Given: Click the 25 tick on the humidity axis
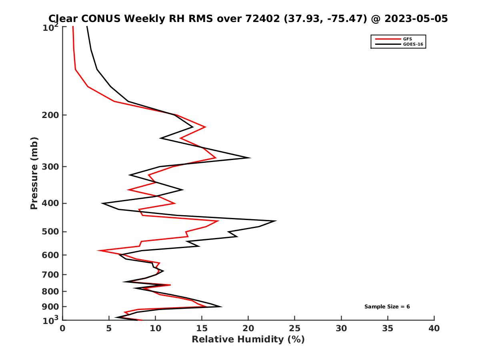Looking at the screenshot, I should (295, 328).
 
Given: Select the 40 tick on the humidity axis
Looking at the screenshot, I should (434, 328).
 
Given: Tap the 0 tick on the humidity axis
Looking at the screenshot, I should (63, 328).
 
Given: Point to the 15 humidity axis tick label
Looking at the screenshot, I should (202, 328).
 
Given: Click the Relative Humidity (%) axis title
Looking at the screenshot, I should (248, 340).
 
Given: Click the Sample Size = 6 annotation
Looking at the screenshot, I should (387, 307).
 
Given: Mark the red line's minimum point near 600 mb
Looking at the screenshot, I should (98, 251).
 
